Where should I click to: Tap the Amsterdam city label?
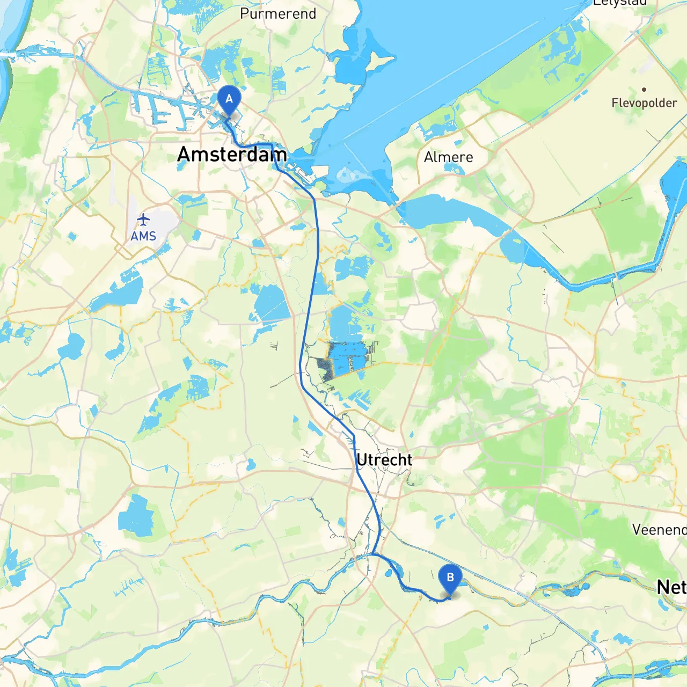click(x=232, y=155)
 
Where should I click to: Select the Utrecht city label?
click(x=384, y=460)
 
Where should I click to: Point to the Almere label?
click(x=448, y=157)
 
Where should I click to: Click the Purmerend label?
click(x=278, y=13)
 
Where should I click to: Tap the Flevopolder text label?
click(x=644, y=103)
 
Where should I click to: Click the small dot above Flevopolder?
click(x=644, y=90)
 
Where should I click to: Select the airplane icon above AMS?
click(x=143, y=220)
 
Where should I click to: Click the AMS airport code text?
click(x=143, y=236)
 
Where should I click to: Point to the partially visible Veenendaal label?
click(x=659, y=530)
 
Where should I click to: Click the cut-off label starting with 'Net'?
click(x=671, y=587)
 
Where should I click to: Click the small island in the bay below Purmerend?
click(x=383, y=61)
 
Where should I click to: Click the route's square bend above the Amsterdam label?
click(x=272, y=145)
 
